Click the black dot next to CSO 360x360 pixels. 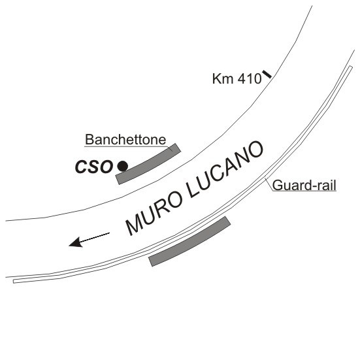point(123,166)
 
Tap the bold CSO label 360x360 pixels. point(94,167)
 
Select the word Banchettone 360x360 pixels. point(125,140)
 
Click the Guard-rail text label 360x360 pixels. point(304,186)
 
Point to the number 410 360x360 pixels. point(250,79)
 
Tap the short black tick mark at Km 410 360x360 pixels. point(267,74)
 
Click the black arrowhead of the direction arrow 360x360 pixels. point(76,242)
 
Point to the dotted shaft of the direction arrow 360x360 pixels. point(95,237)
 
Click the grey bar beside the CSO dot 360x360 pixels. point(148,164)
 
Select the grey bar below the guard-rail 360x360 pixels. point(189,241)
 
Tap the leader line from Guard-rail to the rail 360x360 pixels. point(269,185)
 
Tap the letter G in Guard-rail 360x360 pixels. point(277,186)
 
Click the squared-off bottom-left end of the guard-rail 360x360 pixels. point(14,281)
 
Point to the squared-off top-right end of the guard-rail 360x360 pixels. point(351,67)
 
